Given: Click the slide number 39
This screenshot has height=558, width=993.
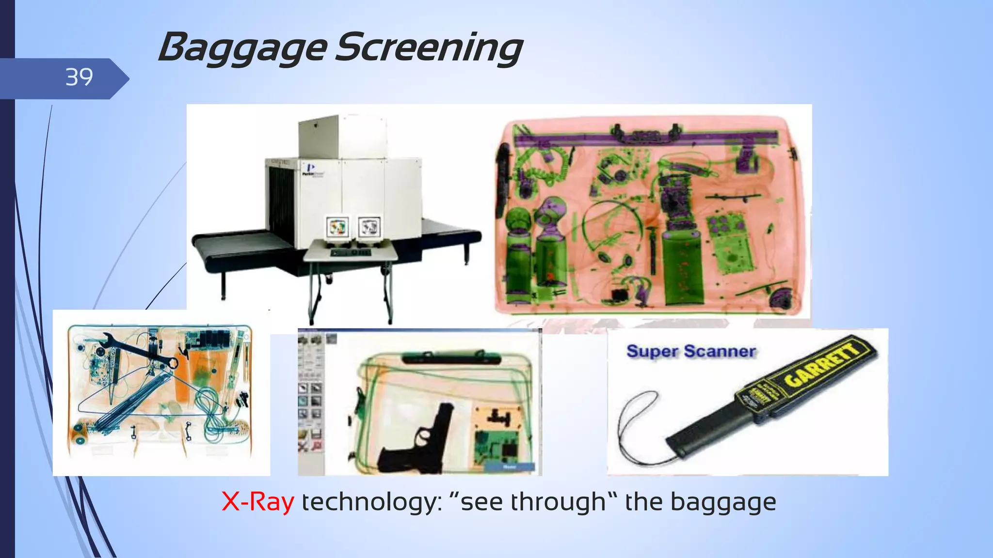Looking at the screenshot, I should point(79,77).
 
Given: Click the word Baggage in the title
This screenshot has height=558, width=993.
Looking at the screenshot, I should point(242,49).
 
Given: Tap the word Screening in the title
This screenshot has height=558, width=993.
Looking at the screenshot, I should point(429,49).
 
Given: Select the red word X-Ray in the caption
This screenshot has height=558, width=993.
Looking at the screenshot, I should point(257,502).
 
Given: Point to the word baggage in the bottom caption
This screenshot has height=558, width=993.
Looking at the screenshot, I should point(723,502).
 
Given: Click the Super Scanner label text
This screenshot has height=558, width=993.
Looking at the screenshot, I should point(691,351).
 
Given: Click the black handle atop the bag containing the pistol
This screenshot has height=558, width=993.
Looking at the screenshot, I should point(451,358).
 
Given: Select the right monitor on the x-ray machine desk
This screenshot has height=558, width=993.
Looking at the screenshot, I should point(369,226).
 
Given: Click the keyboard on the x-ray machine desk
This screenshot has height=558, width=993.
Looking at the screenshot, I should point(350,252).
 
